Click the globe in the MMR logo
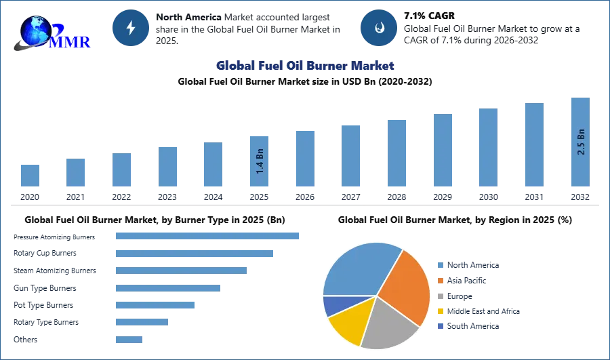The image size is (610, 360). click(35, 28)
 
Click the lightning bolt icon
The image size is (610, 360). click(131, 28)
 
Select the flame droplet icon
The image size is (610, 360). click(379, 28)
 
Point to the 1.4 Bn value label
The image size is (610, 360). click(260, 161)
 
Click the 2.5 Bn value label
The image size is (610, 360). click(581, 141)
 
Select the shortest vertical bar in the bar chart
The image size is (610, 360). click(30, 176)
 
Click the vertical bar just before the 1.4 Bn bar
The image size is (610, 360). click(211, 165)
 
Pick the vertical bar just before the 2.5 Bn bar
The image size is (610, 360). click(533, 146)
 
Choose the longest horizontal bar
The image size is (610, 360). click(208, 236)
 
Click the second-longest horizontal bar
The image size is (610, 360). click(195, 254)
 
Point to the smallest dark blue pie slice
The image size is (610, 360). click(334, 306)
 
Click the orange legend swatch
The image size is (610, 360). click(440, 281)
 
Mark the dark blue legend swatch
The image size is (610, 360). click(440, 325)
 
